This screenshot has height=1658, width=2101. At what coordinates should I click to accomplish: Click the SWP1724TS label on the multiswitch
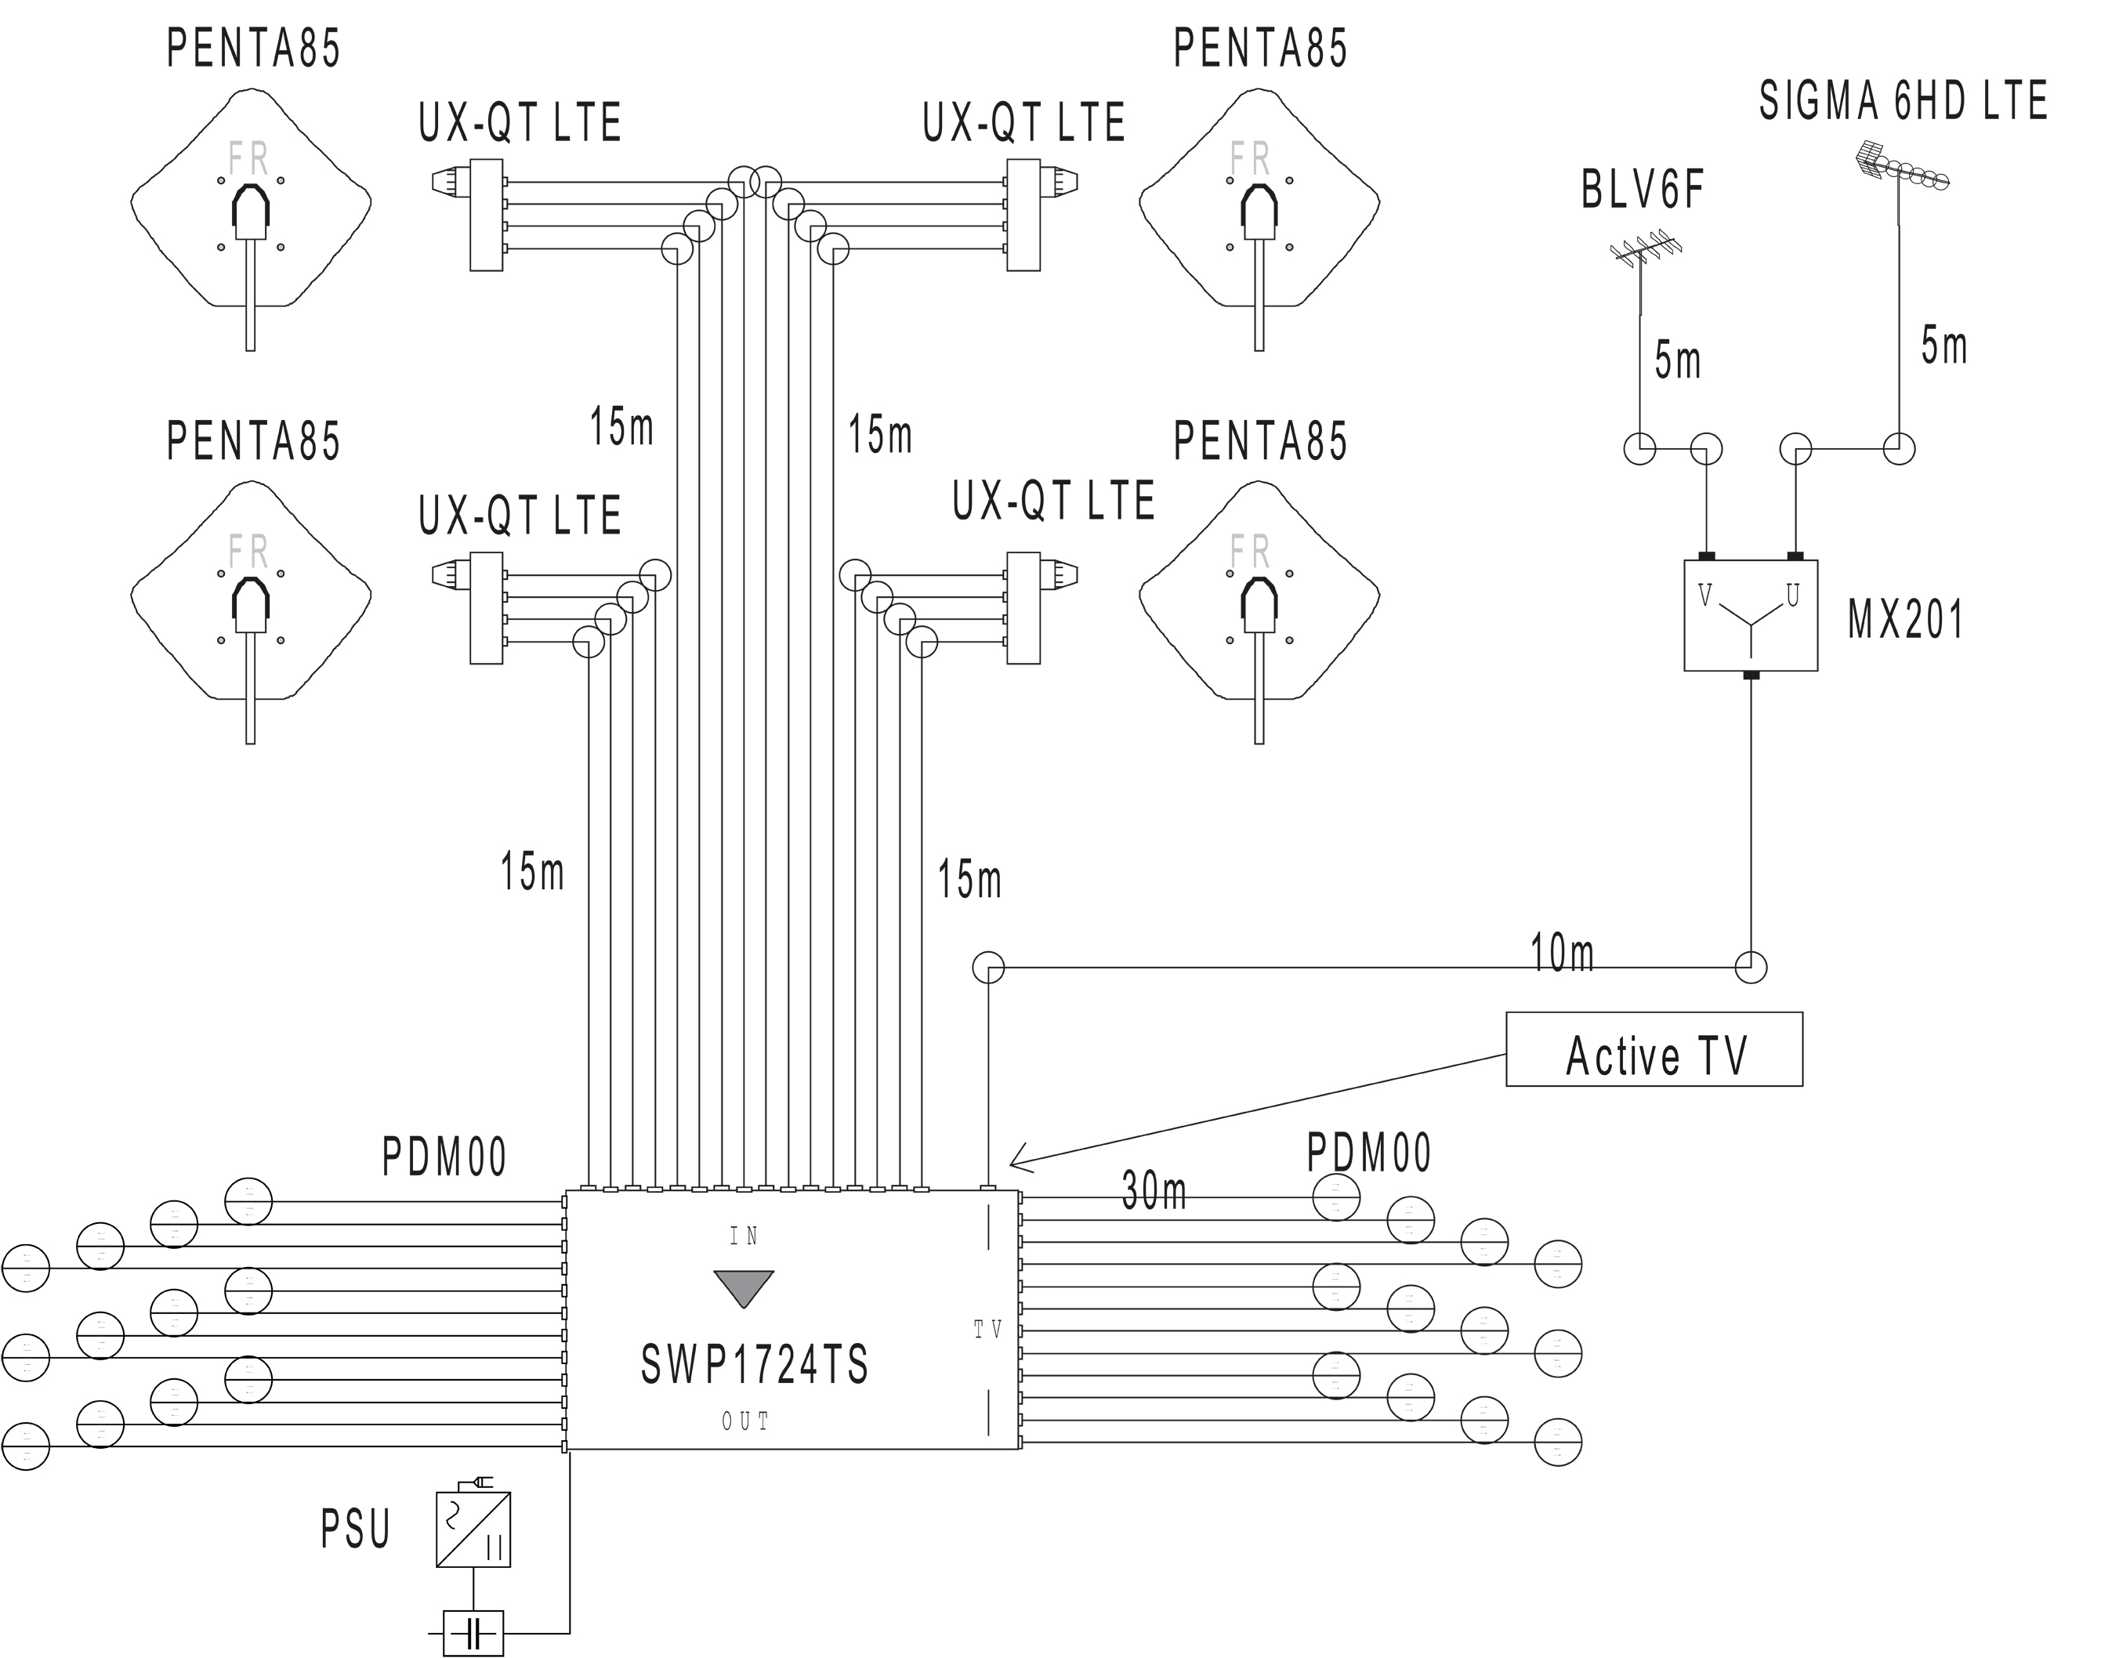pos(755,1365)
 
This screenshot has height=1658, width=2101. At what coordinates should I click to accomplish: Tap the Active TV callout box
pos(1654,1049)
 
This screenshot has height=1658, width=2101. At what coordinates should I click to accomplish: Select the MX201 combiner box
pos(1750,615)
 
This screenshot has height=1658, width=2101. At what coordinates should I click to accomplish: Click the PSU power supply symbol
pos(473,1529)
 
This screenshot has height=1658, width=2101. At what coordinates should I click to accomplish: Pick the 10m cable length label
pos(1561,954)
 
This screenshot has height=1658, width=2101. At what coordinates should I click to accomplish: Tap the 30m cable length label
pos(1154,1191)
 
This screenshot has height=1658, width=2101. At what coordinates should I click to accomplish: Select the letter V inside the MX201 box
pos(1705,595)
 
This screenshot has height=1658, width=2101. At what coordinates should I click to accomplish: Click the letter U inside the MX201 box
pos(1792,595)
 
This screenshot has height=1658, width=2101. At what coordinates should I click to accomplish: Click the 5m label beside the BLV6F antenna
pos(1677,361)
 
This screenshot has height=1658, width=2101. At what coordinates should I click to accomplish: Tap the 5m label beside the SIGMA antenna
pos(1943,346)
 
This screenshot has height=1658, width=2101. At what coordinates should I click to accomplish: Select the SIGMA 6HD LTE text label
pos(1903,102)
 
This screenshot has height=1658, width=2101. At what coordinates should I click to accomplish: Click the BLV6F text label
pos(1643,190)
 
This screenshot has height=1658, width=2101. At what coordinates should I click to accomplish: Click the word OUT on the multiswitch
pos(744,1422)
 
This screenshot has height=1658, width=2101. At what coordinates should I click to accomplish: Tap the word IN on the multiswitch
pos(744,1236)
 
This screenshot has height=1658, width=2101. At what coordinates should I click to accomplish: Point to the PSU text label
pos(355,1529)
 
